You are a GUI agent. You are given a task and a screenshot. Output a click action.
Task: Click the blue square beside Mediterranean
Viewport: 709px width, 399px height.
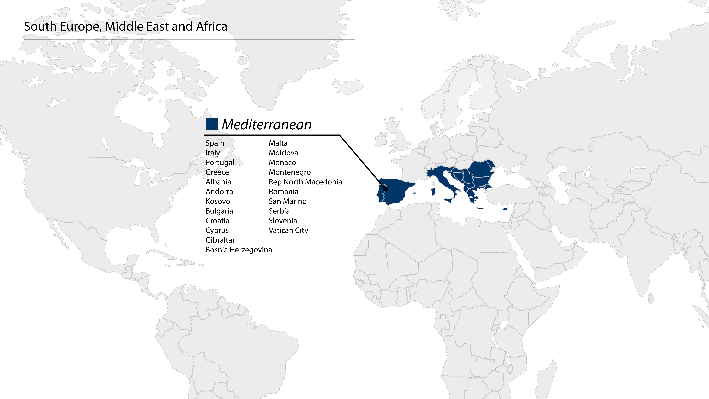coord(212,124)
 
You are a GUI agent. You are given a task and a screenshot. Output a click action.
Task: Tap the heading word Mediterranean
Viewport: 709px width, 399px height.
coord(266,124)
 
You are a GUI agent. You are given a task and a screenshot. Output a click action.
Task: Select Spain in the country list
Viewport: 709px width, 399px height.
coord(215,143)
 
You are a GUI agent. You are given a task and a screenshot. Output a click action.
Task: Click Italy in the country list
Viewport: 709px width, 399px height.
coord(213,153)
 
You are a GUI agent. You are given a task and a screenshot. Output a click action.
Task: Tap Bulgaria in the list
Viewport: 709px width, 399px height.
coord(219,211)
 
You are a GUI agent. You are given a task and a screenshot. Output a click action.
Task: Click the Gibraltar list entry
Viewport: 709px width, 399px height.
coord(220,240)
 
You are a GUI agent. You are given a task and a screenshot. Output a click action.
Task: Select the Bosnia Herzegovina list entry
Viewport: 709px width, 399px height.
coord(238,250)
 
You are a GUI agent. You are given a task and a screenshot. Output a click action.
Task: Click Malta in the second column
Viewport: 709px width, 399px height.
coord(278,143)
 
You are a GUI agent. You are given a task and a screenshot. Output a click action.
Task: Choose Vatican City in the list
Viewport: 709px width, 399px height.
coord(288,230)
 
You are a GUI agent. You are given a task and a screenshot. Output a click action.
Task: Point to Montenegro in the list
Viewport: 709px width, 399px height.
coord(290,172)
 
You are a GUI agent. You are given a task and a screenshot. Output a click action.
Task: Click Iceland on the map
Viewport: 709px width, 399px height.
coord(348,86)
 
